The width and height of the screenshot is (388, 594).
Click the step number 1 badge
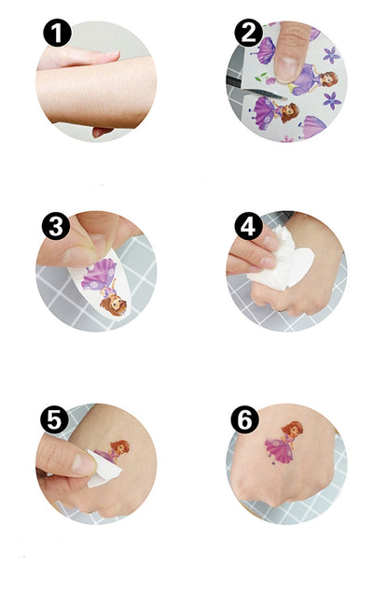click(57, 35)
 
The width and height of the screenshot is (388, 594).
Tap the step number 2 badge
click(248, 35)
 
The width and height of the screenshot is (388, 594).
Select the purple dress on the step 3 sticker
click(101, 276)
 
